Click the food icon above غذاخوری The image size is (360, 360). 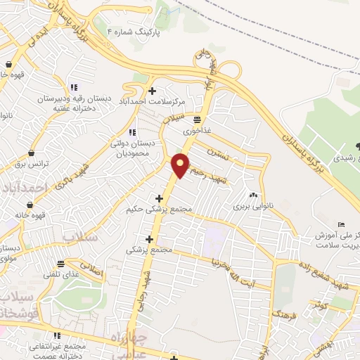point(197,120)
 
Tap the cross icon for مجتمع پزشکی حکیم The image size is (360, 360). point(160,199)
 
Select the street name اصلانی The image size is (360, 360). point(91,269)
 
